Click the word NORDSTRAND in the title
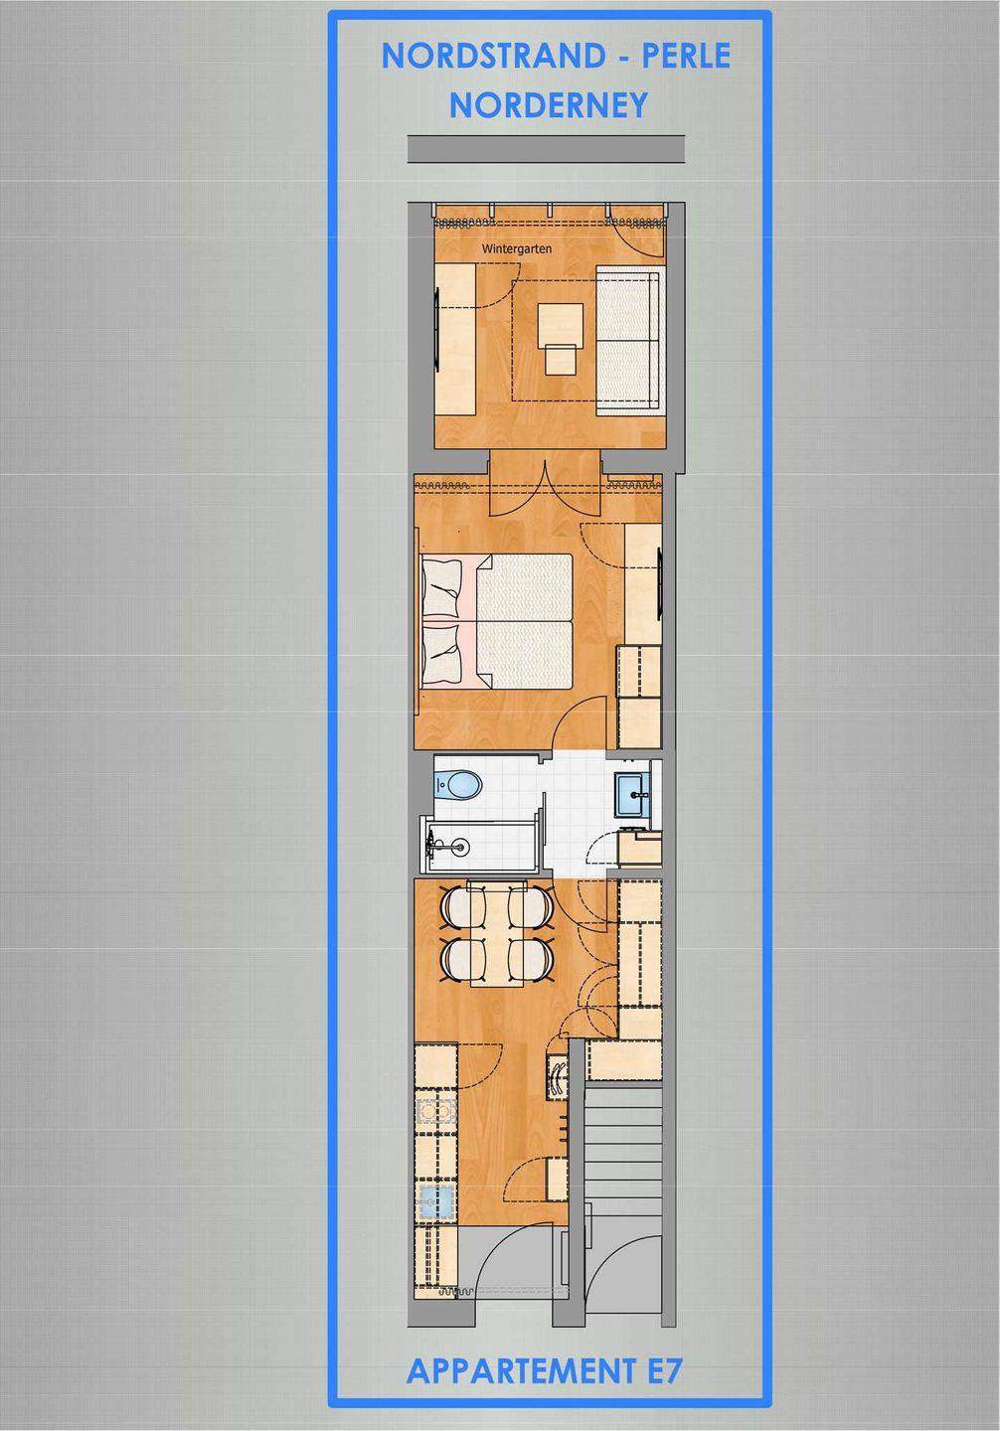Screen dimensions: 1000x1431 [493, 57]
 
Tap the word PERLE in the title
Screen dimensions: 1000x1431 [686, 57]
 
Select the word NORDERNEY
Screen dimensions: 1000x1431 [549, 105]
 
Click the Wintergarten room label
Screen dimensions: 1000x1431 [517, 249]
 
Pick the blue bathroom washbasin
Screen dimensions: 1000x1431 [633, 794]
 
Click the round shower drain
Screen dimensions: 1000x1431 [461, 847]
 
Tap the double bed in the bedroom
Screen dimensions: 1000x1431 [496, 622]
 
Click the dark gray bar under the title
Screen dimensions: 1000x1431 [547, 148]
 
